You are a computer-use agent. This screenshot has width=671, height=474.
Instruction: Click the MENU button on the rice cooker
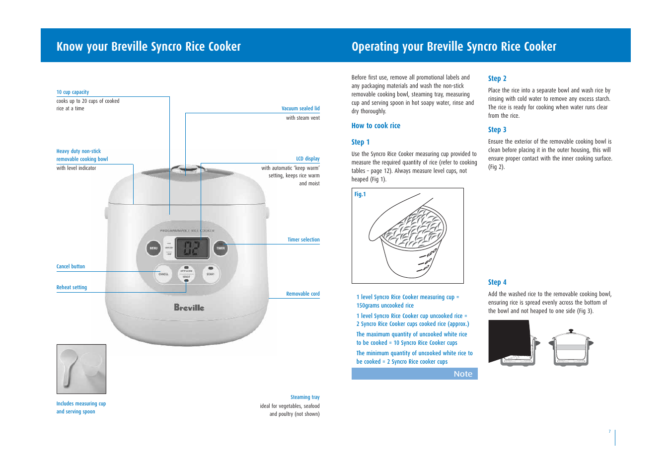coord(153,248)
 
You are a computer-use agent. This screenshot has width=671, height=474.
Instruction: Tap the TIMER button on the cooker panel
coord(221,248)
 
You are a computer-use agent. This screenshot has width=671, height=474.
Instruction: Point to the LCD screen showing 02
coord(192,247)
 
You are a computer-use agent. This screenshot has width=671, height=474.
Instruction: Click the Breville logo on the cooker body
coord(189,308)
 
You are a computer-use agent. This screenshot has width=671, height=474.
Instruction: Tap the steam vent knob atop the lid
coord(186,169)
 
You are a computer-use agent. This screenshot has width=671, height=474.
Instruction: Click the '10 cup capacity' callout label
coord(73,92)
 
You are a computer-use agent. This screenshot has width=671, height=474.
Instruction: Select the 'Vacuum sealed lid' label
coord(300,108)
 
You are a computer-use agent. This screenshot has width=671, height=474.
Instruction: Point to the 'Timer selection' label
coord(303,239)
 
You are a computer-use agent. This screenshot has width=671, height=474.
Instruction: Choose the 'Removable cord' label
coord(302,294)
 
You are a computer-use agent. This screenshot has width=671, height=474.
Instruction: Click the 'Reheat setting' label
coord(72,287)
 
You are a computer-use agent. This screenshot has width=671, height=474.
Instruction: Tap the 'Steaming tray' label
coord(305,397)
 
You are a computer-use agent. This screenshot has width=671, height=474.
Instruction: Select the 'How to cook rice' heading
coord(375,126)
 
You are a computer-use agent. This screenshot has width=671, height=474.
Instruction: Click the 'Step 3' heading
coord(497,130)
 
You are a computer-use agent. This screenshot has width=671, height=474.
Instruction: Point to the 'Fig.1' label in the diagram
coord(360,194)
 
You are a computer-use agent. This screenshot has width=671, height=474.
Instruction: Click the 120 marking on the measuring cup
coord(431,253)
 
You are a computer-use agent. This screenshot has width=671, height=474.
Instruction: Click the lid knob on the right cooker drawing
coord(571,330)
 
